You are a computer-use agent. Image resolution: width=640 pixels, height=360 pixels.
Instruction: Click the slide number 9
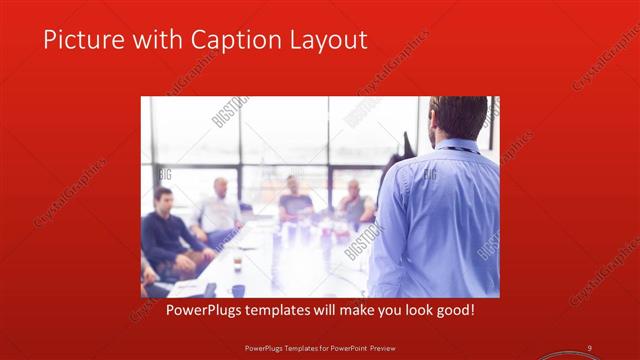tap(590, 347)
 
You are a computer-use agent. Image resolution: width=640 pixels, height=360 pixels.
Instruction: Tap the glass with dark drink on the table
tap(237, 263)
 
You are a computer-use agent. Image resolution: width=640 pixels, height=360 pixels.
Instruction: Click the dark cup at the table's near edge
tap(238, 290)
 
